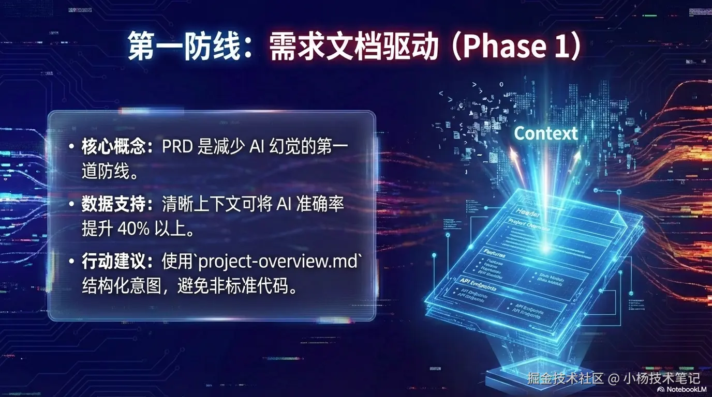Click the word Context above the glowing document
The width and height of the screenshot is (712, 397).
coord(546,133)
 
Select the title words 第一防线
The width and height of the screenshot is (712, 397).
coord(184,47)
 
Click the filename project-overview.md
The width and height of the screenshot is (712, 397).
coord(278,262)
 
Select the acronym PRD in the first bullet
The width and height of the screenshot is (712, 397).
coord(177,147)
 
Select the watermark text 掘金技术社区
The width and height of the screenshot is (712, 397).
coord(566,378)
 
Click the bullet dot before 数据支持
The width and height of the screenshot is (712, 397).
coord(71,205)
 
